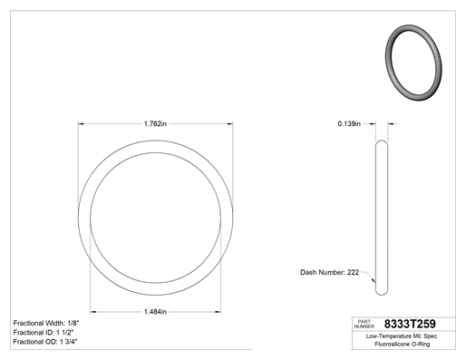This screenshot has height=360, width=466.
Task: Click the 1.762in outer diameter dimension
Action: [155, 123]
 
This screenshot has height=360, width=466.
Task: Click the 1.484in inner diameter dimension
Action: [155, 312]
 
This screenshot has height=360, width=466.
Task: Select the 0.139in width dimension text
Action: [349, 123]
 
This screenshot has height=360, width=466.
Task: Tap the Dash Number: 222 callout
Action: [329, 272]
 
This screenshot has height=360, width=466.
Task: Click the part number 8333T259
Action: [410, 324]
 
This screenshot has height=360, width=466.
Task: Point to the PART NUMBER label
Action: [364, 324]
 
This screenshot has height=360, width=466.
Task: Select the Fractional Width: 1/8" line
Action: [46, 323]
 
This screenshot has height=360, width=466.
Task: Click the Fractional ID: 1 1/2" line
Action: [44, 333]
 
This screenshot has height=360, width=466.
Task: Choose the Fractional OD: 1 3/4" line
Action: [45, 342]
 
